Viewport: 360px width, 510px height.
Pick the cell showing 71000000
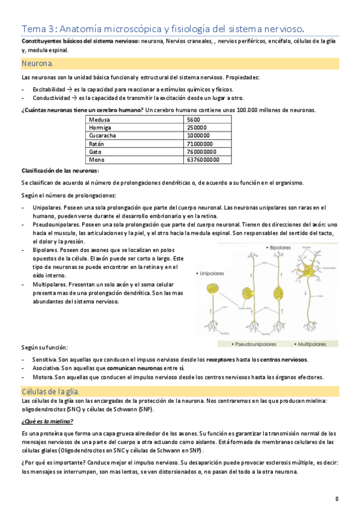point(201,144)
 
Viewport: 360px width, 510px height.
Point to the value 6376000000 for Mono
point(203,160)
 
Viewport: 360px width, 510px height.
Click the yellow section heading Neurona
point(37,63)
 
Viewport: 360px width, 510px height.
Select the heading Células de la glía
point(55,392)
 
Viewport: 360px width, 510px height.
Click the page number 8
point(337,498)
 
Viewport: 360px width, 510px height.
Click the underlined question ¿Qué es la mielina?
point(47,421)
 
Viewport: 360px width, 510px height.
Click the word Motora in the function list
point(41,377)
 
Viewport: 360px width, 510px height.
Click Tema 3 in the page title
point(39,28)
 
